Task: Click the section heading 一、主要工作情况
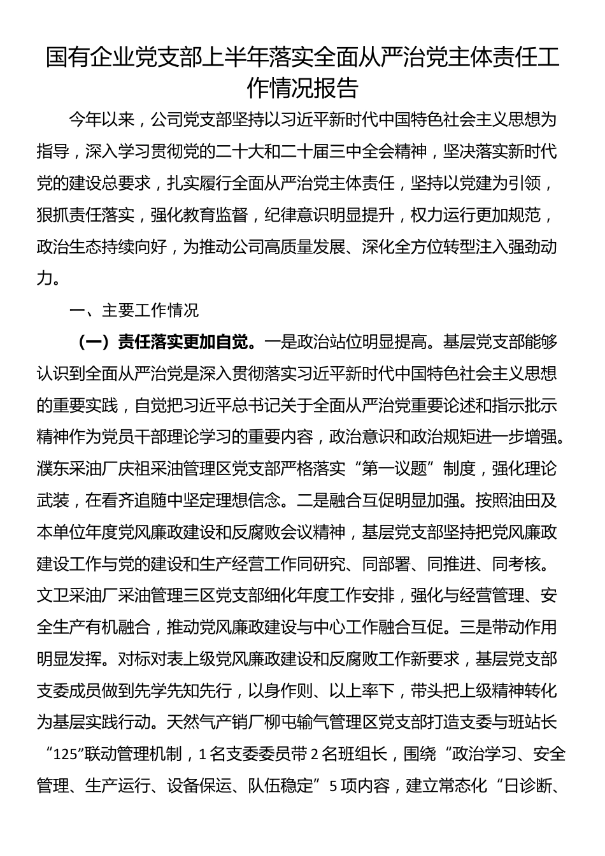pos(135,310)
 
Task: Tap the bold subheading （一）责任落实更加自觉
pos(163,343)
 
